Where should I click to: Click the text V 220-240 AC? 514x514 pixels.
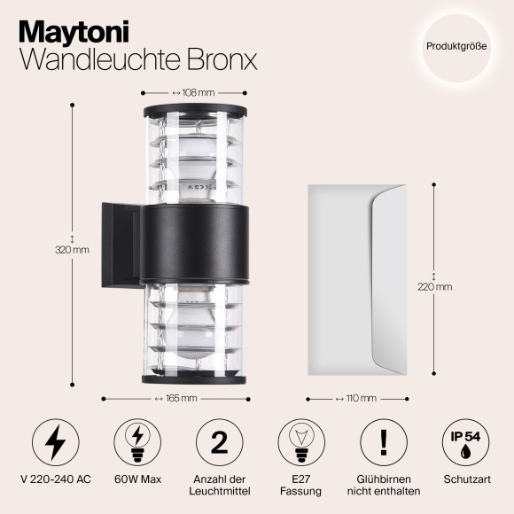[x=54, y=479]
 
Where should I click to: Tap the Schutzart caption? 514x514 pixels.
[x=463, y=479]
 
